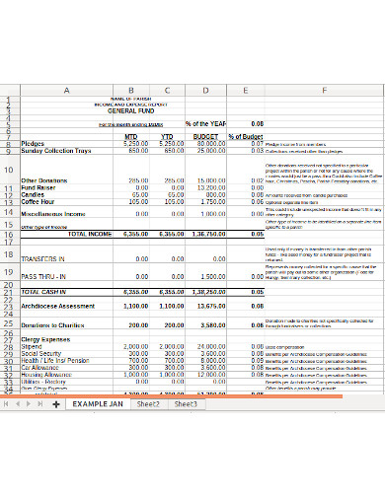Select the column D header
[205, 90]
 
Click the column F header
[322, 90]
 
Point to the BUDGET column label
[204, 137]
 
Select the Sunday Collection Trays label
[55, 151]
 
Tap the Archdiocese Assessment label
[58, 305]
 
